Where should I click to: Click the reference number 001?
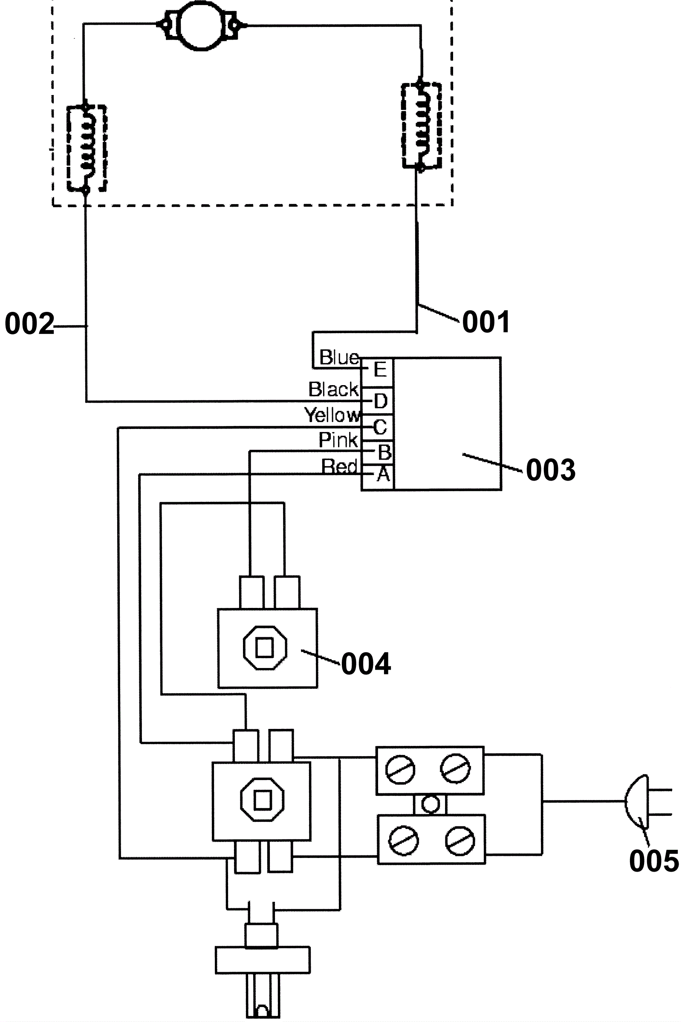[x=486, y=322]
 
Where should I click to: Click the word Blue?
[x=339, y=357]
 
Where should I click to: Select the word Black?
[x=334, y=389]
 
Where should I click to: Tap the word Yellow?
[x=333, y=415]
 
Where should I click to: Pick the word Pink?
[x=338, y=440]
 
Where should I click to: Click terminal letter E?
[x=380, y=370]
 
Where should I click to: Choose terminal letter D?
[x=381, y=401]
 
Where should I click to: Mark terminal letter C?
[x=380, y=427]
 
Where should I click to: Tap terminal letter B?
[x=384, y=452]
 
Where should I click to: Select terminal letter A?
[x=383, y=474]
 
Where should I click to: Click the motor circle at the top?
[x=200, y=26]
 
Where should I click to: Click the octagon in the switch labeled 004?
[x=265, y=648]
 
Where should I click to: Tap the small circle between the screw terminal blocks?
[x=430, y=804]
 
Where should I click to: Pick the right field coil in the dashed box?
[x=421, y=125]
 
